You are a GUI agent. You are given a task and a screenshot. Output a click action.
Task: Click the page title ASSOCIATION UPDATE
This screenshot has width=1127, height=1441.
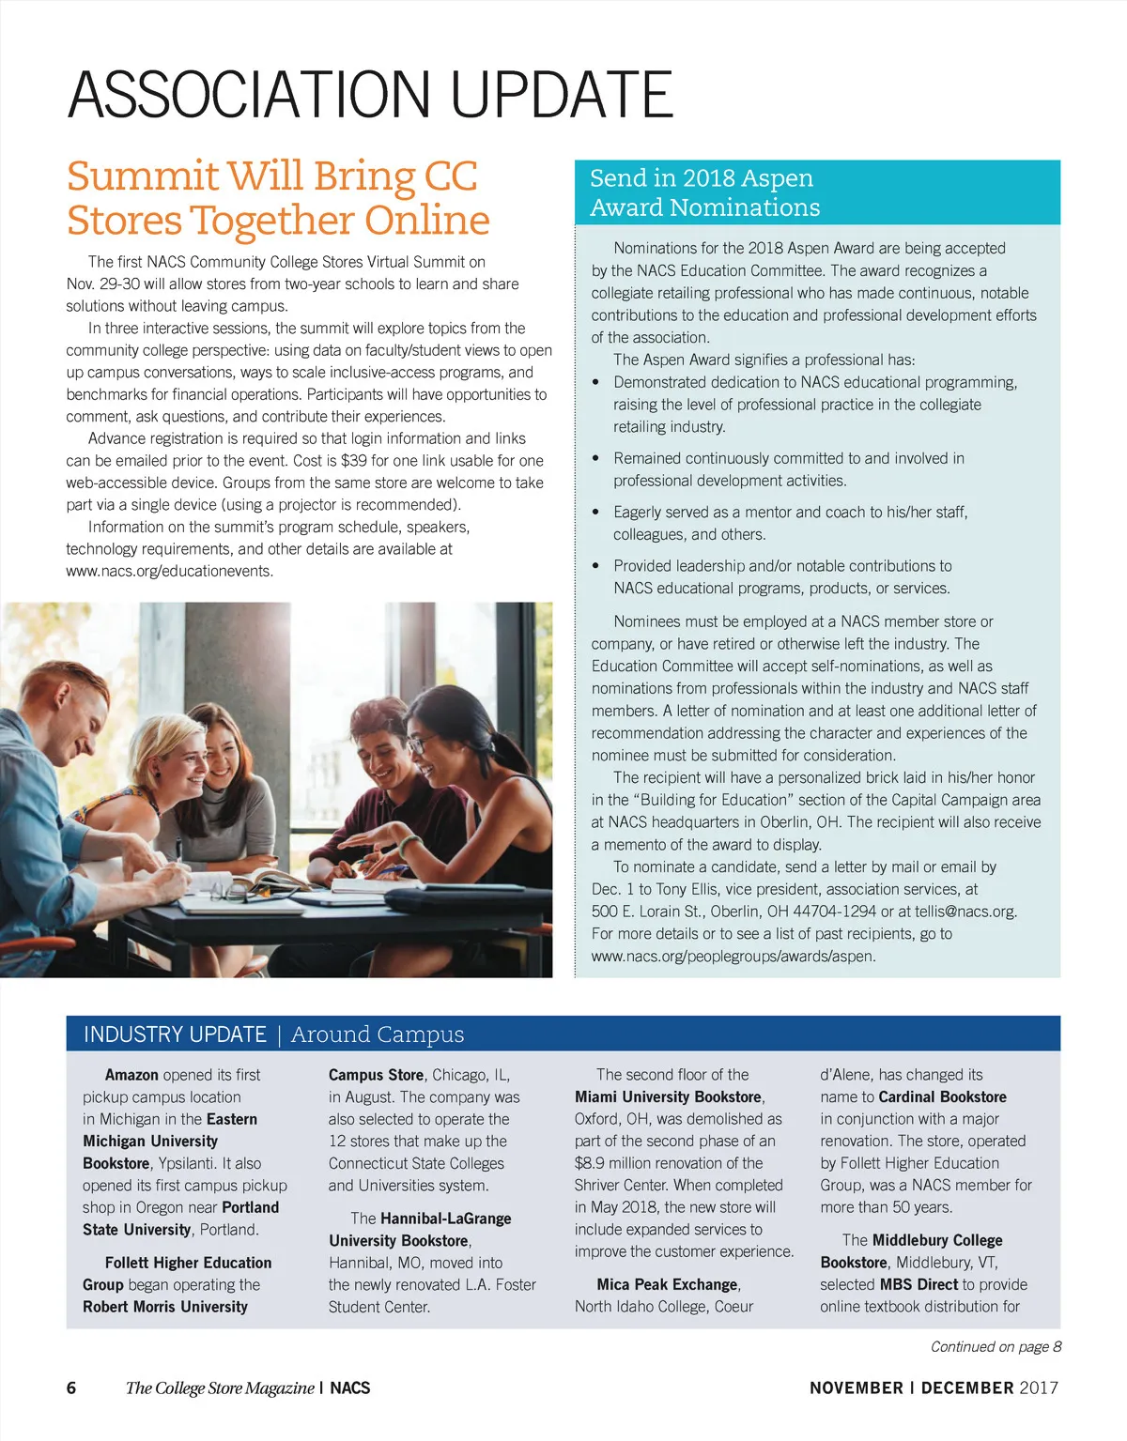point(370,94)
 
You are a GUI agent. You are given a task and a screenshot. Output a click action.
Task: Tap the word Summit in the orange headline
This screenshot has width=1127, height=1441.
point(141,176)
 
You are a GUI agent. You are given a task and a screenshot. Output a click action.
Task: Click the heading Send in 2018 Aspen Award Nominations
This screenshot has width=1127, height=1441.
point(704,192)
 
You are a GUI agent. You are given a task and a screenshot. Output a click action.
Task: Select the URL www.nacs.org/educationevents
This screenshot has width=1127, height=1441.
point(169,571)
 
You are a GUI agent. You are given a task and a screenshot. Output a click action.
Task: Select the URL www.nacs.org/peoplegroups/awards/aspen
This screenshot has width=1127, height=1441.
point(733,957)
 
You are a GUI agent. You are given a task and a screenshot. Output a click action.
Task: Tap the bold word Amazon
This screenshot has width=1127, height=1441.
point(131,1075)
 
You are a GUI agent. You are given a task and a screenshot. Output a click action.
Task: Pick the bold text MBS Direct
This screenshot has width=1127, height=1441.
point(919,1284)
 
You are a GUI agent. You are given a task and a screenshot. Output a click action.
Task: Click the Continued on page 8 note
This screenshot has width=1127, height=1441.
point(996,1346)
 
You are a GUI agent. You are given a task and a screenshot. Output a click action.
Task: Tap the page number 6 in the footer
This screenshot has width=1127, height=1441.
point(71,1387)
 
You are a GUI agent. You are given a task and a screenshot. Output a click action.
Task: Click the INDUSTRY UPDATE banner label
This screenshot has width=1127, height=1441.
point(175,1035)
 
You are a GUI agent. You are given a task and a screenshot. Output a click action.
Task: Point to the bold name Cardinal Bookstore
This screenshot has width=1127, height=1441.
point(942,1096)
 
